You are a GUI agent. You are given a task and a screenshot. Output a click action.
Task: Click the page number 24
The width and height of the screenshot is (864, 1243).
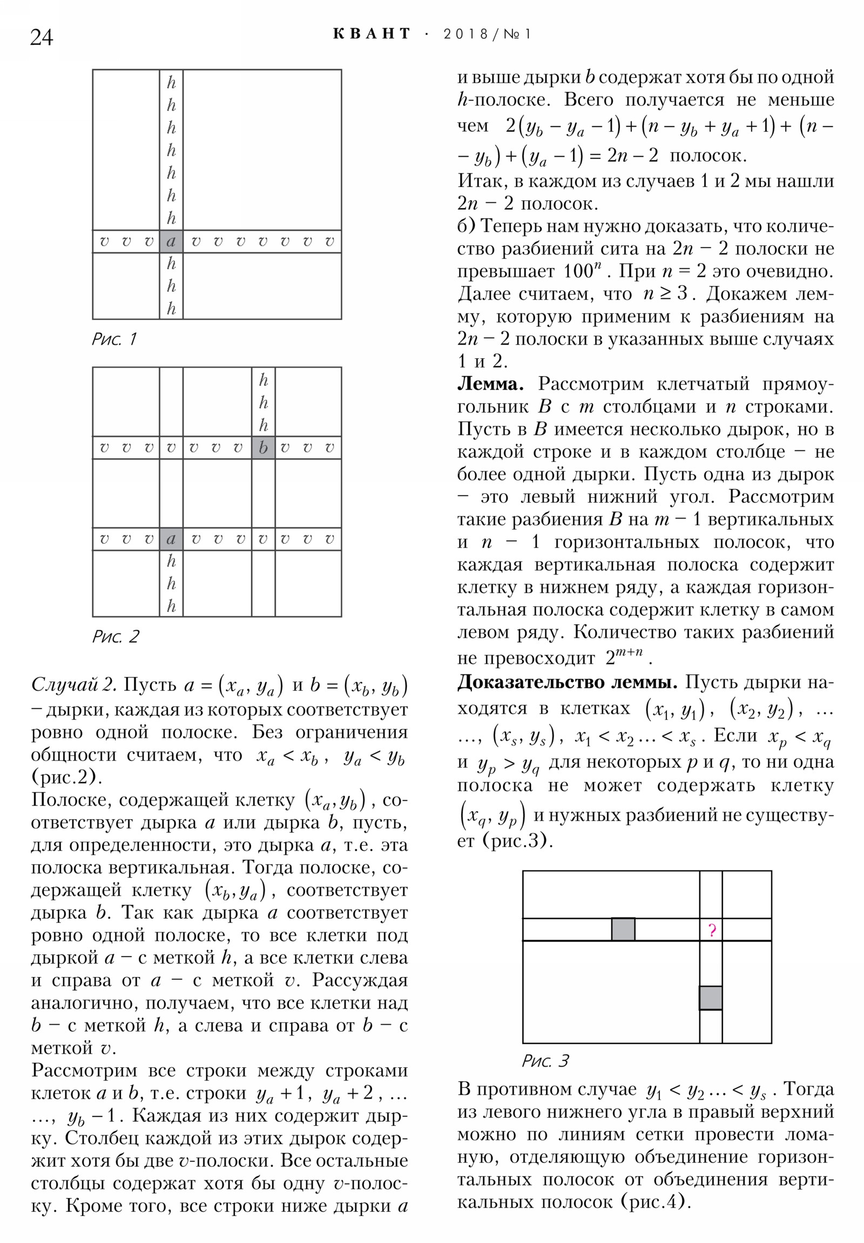click(42, 37)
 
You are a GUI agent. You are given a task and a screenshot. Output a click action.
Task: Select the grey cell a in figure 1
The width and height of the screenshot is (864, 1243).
click(171, 242)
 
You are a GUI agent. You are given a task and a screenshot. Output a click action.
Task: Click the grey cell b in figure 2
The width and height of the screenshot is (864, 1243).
click(263, 447)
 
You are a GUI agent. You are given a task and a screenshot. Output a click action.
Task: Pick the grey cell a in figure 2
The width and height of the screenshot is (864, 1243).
click(171, 539)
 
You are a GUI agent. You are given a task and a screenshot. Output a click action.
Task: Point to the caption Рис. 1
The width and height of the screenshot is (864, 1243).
click(114, 339)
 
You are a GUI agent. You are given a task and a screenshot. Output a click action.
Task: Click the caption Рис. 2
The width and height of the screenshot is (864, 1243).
click(115, 637)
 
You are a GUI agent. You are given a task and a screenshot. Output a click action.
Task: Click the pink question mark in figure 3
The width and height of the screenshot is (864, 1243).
click(711, 930)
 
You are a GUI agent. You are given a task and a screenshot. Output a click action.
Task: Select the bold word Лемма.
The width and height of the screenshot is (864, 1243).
click(490, 384)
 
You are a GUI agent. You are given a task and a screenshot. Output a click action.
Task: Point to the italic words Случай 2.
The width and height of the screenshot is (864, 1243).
click(73, 685)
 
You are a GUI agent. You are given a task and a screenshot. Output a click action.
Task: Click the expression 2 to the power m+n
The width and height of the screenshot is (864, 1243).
click(623, 657)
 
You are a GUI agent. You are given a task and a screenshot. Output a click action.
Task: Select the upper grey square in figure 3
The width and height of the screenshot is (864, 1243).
click(623, 929)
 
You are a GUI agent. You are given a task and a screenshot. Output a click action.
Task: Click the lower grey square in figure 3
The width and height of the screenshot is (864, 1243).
click(710, 997)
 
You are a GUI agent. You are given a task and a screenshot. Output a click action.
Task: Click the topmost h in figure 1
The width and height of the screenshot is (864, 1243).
click(171, 83)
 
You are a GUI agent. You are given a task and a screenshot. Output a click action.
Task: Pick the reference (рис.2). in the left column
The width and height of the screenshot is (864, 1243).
click(67, 777)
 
